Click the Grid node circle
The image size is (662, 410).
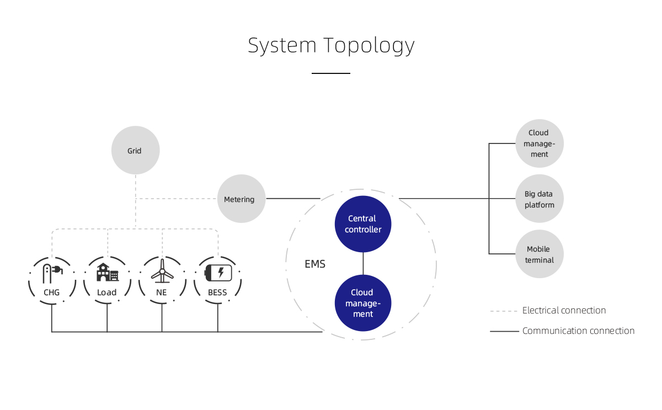pyautogui.click(x=135, y=151)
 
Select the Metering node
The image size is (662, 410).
pyautogui.click(x=242, y=199)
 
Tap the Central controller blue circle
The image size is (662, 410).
pyautogui.click(x=363, y=223)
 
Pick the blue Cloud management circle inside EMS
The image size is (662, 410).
pyautogui.click(x=363, y=303)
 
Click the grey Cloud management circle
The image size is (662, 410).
pyautogui.click(x=539, y=143)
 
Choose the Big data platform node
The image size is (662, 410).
pyautogui.click(x=539, y=199)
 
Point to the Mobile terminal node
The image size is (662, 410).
pyautogui.click(x=539, y=254)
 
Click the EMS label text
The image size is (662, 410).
pyautogui.click(x=315, y=264)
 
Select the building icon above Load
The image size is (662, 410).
pyautogui.click(x=107, y=273)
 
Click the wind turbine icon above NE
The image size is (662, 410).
pyautogui.click(x=162, y=271)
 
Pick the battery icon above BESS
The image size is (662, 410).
pyautogui.click(x=218, y=273)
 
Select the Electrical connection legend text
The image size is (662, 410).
pyautogui.click(x=564, y=311)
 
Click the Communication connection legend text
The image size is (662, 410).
pyautogui.click(x=578, y=331)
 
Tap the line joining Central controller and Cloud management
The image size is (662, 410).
pyautogui.click(x=363, y=263)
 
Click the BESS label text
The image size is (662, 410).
pyautogui.click(x=217, y=292)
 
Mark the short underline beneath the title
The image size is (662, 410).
pyautogui.click(x=331, y=73)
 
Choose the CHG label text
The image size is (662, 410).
pyautogui.click(x=51, y=292)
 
